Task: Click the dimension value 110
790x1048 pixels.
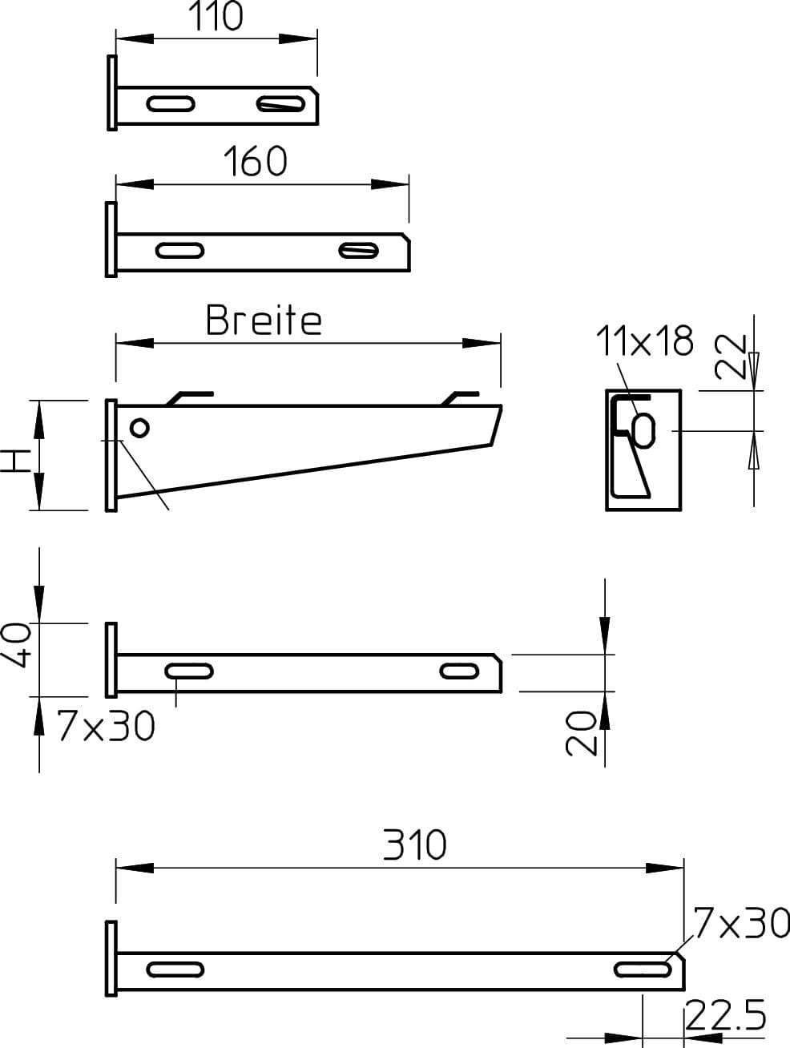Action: click(216, 16)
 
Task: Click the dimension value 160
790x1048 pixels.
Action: click(256, 161)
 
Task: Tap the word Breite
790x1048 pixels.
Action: click(264, 320)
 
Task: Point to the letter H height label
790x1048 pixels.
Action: click(15, 461)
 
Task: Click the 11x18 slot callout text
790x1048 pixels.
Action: click(644, 341)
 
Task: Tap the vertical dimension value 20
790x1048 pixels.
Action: click(581, 733)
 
